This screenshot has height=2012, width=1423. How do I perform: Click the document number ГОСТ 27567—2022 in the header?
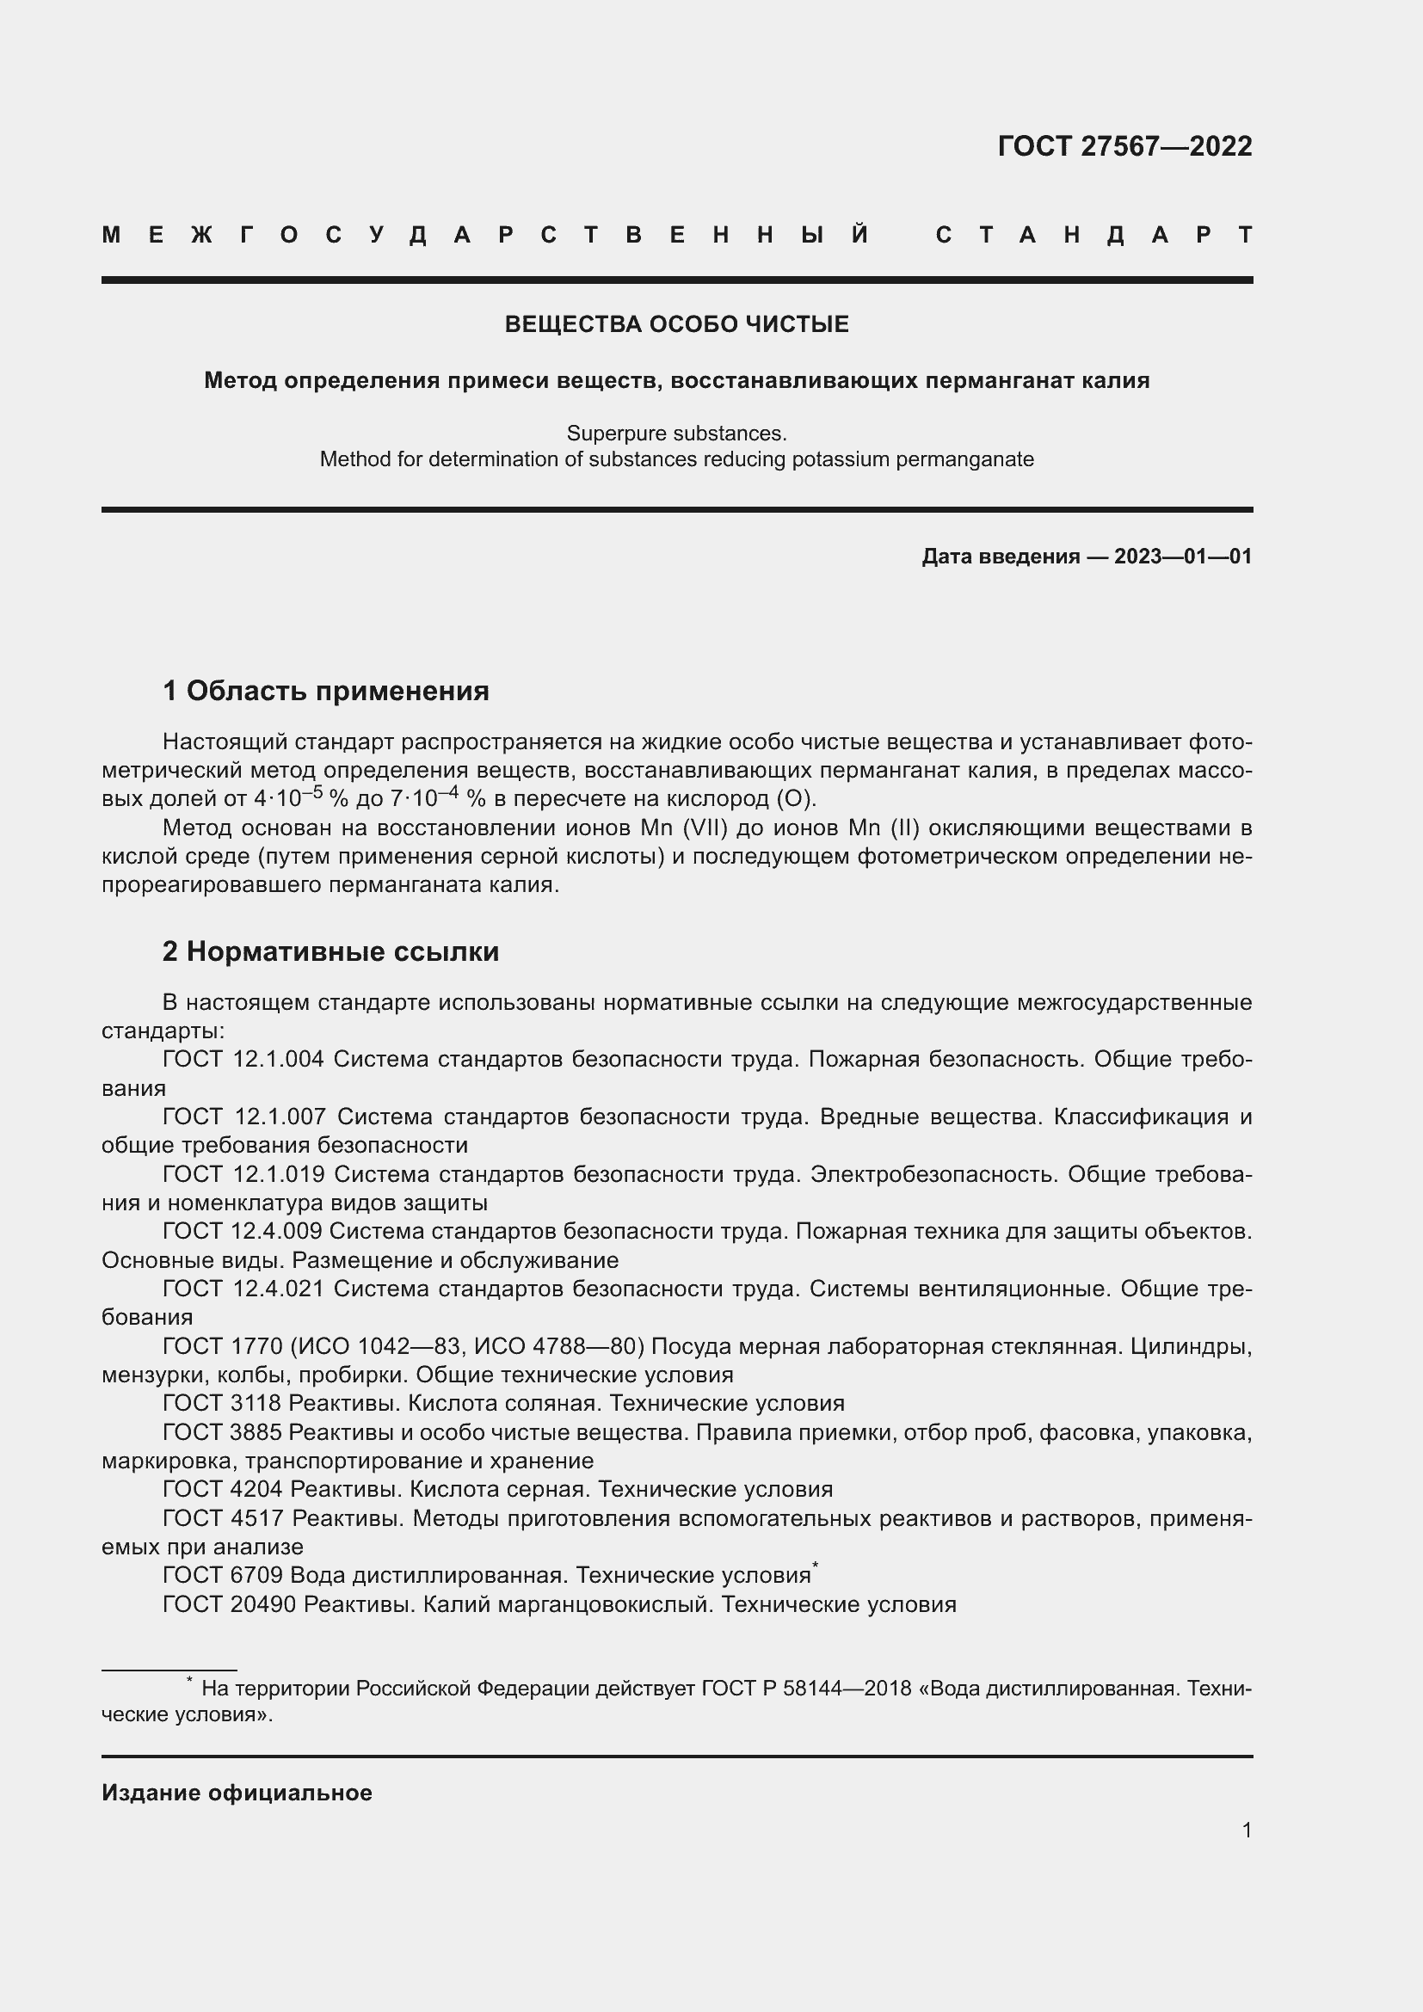(1124, 146)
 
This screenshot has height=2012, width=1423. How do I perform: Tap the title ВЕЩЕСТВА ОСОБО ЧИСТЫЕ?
(676, 324)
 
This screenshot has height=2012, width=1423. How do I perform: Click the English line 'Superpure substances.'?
(676, 433)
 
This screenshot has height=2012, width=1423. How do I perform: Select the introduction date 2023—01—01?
(1182, 557)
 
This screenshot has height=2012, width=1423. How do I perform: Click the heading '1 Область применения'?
(325, 691)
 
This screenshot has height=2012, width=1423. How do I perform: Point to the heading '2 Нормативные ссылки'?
(330, 951)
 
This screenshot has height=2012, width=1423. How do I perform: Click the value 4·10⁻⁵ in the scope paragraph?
(288, 797)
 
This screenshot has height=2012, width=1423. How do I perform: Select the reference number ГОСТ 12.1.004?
(243, 1059)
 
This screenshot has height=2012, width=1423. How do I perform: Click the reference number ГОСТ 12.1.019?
(243, 1173)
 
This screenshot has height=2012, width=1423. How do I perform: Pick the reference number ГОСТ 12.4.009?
(242, 1230)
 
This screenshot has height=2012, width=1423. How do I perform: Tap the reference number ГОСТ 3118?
(221, 1403)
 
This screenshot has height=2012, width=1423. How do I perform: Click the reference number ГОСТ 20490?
(229, 1603)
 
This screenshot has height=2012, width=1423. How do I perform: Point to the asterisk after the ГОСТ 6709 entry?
(815, 1565)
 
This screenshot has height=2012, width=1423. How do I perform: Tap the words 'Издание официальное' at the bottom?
(237, 1793)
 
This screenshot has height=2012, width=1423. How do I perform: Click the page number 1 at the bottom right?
(1246, 1830)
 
